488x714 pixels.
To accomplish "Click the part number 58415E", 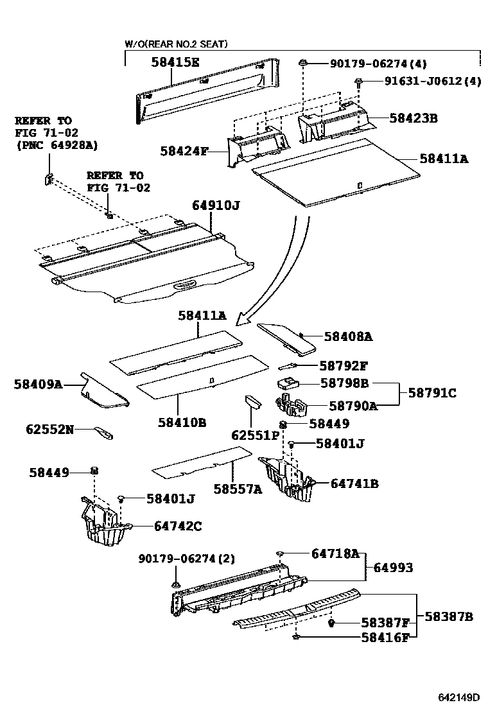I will coord(175,62).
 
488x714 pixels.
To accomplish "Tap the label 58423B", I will coord(414,118).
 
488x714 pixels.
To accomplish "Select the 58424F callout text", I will coord(185,152).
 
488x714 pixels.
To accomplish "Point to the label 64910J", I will coord(215,205).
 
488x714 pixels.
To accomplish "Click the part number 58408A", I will coord(348,336).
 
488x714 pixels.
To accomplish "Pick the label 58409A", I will coord(38,385).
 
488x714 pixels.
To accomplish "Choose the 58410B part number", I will coord(182,422).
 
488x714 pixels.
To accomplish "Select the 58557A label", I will coord(238,489).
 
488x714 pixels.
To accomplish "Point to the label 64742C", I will coord(178,526).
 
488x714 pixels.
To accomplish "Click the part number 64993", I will coord(393,568).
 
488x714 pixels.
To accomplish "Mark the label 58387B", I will coord(448,616).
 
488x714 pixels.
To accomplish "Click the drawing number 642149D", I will coord(459,697).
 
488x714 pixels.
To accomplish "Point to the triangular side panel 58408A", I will coord(286,337).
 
